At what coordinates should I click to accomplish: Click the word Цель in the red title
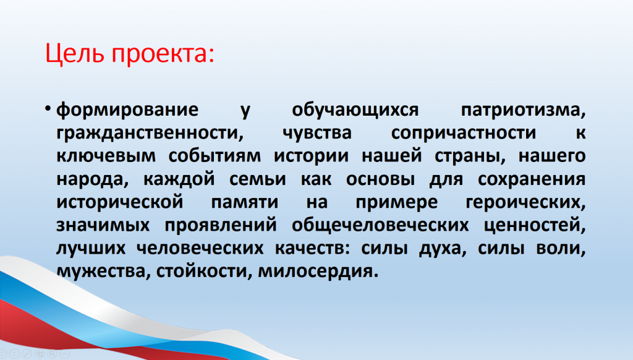[x=75, y=54]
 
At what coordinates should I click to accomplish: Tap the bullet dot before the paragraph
[x=48, y=108]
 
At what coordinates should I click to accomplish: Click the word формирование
[x=127, y=110]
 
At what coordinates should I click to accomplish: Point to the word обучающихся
[x=355, y=110]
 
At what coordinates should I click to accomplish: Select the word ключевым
[x=106, y=156]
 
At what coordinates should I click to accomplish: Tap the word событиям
[x=215, y=156]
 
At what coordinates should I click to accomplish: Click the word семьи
[x=258, y=179]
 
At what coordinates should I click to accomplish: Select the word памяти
[x=245, y=202]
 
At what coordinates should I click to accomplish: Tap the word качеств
[x=310, y=248]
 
